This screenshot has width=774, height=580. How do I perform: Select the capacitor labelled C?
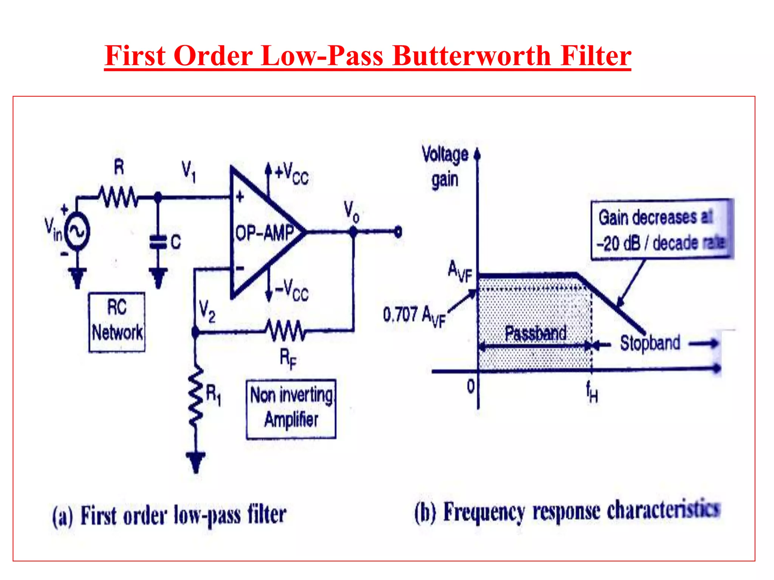click(x=158, y=242)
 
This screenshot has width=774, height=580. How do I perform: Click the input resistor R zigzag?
click(x=118, y=197)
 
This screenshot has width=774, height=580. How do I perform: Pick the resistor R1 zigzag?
click(x=196, y=396)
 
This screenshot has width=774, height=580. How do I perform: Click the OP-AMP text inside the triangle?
click(x=265, y=233)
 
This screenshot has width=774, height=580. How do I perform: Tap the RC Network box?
click(x=117, y=322)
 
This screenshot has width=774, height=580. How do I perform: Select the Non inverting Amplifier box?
click(x=291, y=409)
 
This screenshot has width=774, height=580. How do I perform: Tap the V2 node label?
click(x=207, y=311)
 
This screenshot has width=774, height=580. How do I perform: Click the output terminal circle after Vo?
click(x=398, y=231)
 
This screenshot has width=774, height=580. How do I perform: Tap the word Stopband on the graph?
click(x=650, y=343)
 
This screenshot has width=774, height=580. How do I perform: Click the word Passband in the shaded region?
click(x=536, y=333)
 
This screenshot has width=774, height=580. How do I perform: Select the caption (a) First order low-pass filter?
click(x=169, y=515)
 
